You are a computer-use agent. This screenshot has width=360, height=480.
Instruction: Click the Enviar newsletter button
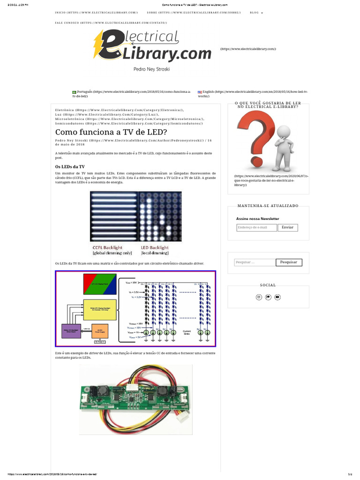[x=288, y=227]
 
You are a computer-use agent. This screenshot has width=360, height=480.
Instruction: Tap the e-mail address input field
[x=256, y=227]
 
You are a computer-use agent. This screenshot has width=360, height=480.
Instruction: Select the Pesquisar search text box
[x=255, y=262]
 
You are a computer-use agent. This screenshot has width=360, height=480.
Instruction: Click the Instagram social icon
[x=258, y=297]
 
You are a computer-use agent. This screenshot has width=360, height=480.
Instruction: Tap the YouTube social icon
[x=277, y=297]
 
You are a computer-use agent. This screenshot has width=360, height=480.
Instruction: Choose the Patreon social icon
[x=268, y=297]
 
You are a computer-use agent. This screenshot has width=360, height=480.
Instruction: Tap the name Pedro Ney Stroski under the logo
[x=151, y=68]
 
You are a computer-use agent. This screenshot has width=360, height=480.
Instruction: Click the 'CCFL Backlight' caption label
[x=107, y=247]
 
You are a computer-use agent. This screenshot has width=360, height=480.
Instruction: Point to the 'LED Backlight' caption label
[x=155, y=247]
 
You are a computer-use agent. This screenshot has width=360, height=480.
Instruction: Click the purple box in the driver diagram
[x=73, y=331]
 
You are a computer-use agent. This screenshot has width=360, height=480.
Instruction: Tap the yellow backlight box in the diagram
[x=99, y=309]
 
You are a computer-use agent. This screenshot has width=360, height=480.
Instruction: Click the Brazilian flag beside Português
[x=74, y=92]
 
